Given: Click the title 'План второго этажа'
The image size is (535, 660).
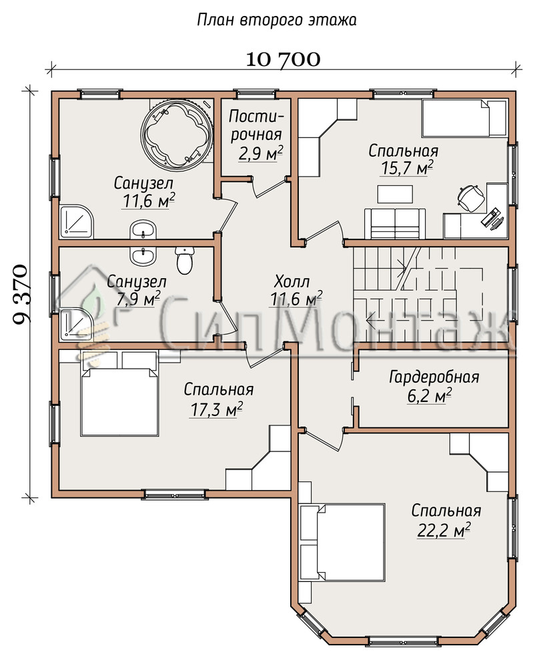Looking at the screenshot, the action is pos(277,20).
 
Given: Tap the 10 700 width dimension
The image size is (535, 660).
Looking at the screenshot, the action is pos(283,59).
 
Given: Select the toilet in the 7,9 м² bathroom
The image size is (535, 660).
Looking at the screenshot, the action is pos(185,261).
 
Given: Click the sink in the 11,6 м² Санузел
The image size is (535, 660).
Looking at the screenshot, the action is pos(143,230).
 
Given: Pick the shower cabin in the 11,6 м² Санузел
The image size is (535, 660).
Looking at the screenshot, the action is pos(76,222).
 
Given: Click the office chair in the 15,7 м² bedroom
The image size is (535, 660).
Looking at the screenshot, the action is pos(469,198).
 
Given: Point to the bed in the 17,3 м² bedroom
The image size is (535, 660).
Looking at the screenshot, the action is pos(119,401).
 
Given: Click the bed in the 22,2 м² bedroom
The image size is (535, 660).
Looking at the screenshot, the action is pos(342,543).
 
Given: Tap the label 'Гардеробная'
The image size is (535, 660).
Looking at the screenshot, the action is pos(434,377).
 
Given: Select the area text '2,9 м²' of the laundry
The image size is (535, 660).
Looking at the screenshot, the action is pos(261,153).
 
